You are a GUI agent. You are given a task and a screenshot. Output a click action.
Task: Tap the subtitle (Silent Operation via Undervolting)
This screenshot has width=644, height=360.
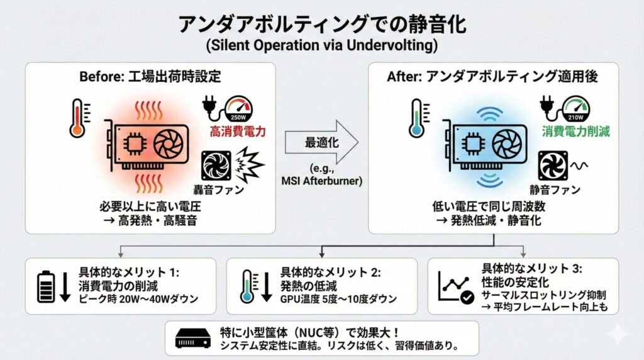tap(321, 47)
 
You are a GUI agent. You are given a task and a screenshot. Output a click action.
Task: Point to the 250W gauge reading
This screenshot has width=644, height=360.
tap(237, 118)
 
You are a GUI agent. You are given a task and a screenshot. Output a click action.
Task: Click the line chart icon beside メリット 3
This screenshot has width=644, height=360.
tap(452, 286)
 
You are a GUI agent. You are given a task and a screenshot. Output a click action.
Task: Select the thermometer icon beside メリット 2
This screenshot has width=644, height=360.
tap(248, 287)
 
